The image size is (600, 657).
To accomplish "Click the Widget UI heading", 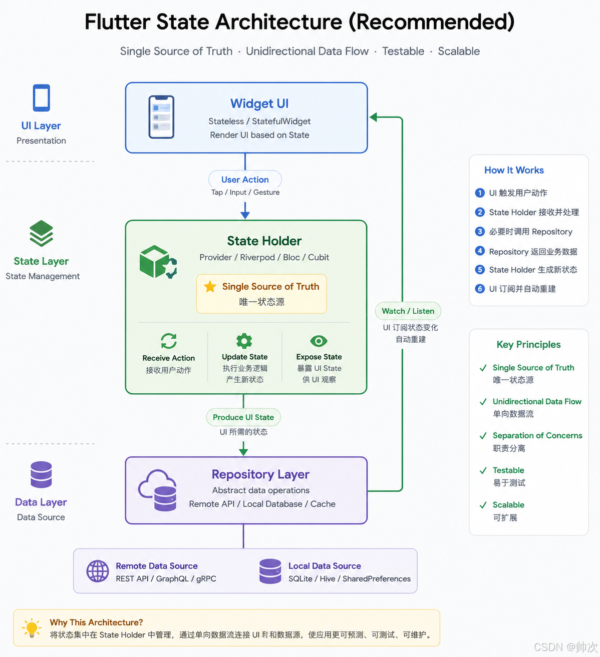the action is point(259,104).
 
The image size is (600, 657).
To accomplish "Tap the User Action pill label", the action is point(245,180).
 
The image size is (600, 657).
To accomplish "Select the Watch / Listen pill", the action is point(408,311).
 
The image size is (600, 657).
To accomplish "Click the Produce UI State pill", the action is point(243,417).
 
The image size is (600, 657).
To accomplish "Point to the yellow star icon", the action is point(210,286).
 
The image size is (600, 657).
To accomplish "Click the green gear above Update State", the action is point(244,341).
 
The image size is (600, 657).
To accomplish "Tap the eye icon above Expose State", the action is point(319,341).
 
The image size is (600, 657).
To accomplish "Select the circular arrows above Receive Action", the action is point(169,341).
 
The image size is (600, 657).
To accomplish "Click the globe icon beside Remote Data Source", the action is point(97,571).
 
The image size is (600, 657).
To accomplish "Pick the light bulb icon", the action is point(32,628).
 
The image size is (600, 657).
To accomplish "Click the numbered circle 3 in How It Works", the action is point(480,232).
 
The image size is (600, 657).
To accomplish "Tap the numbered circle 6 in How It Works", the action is point(480,289).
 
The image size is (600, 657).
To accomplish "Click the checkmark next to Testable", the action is point(483,471).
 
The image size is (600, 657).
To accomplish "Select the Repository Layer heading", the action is point(260,474).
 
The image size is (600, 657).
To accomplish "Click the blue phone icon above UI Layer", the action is point(41,98).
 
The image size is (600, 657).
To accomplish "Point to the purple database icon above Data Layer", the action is point(41,474).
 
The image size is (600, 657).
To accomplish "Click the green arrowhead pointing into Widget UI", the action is point(373,117).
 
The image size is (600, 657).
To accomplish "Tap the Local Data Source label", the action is point(325,565).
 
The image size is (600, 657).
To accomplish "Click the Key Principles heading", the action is point(528,345).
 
